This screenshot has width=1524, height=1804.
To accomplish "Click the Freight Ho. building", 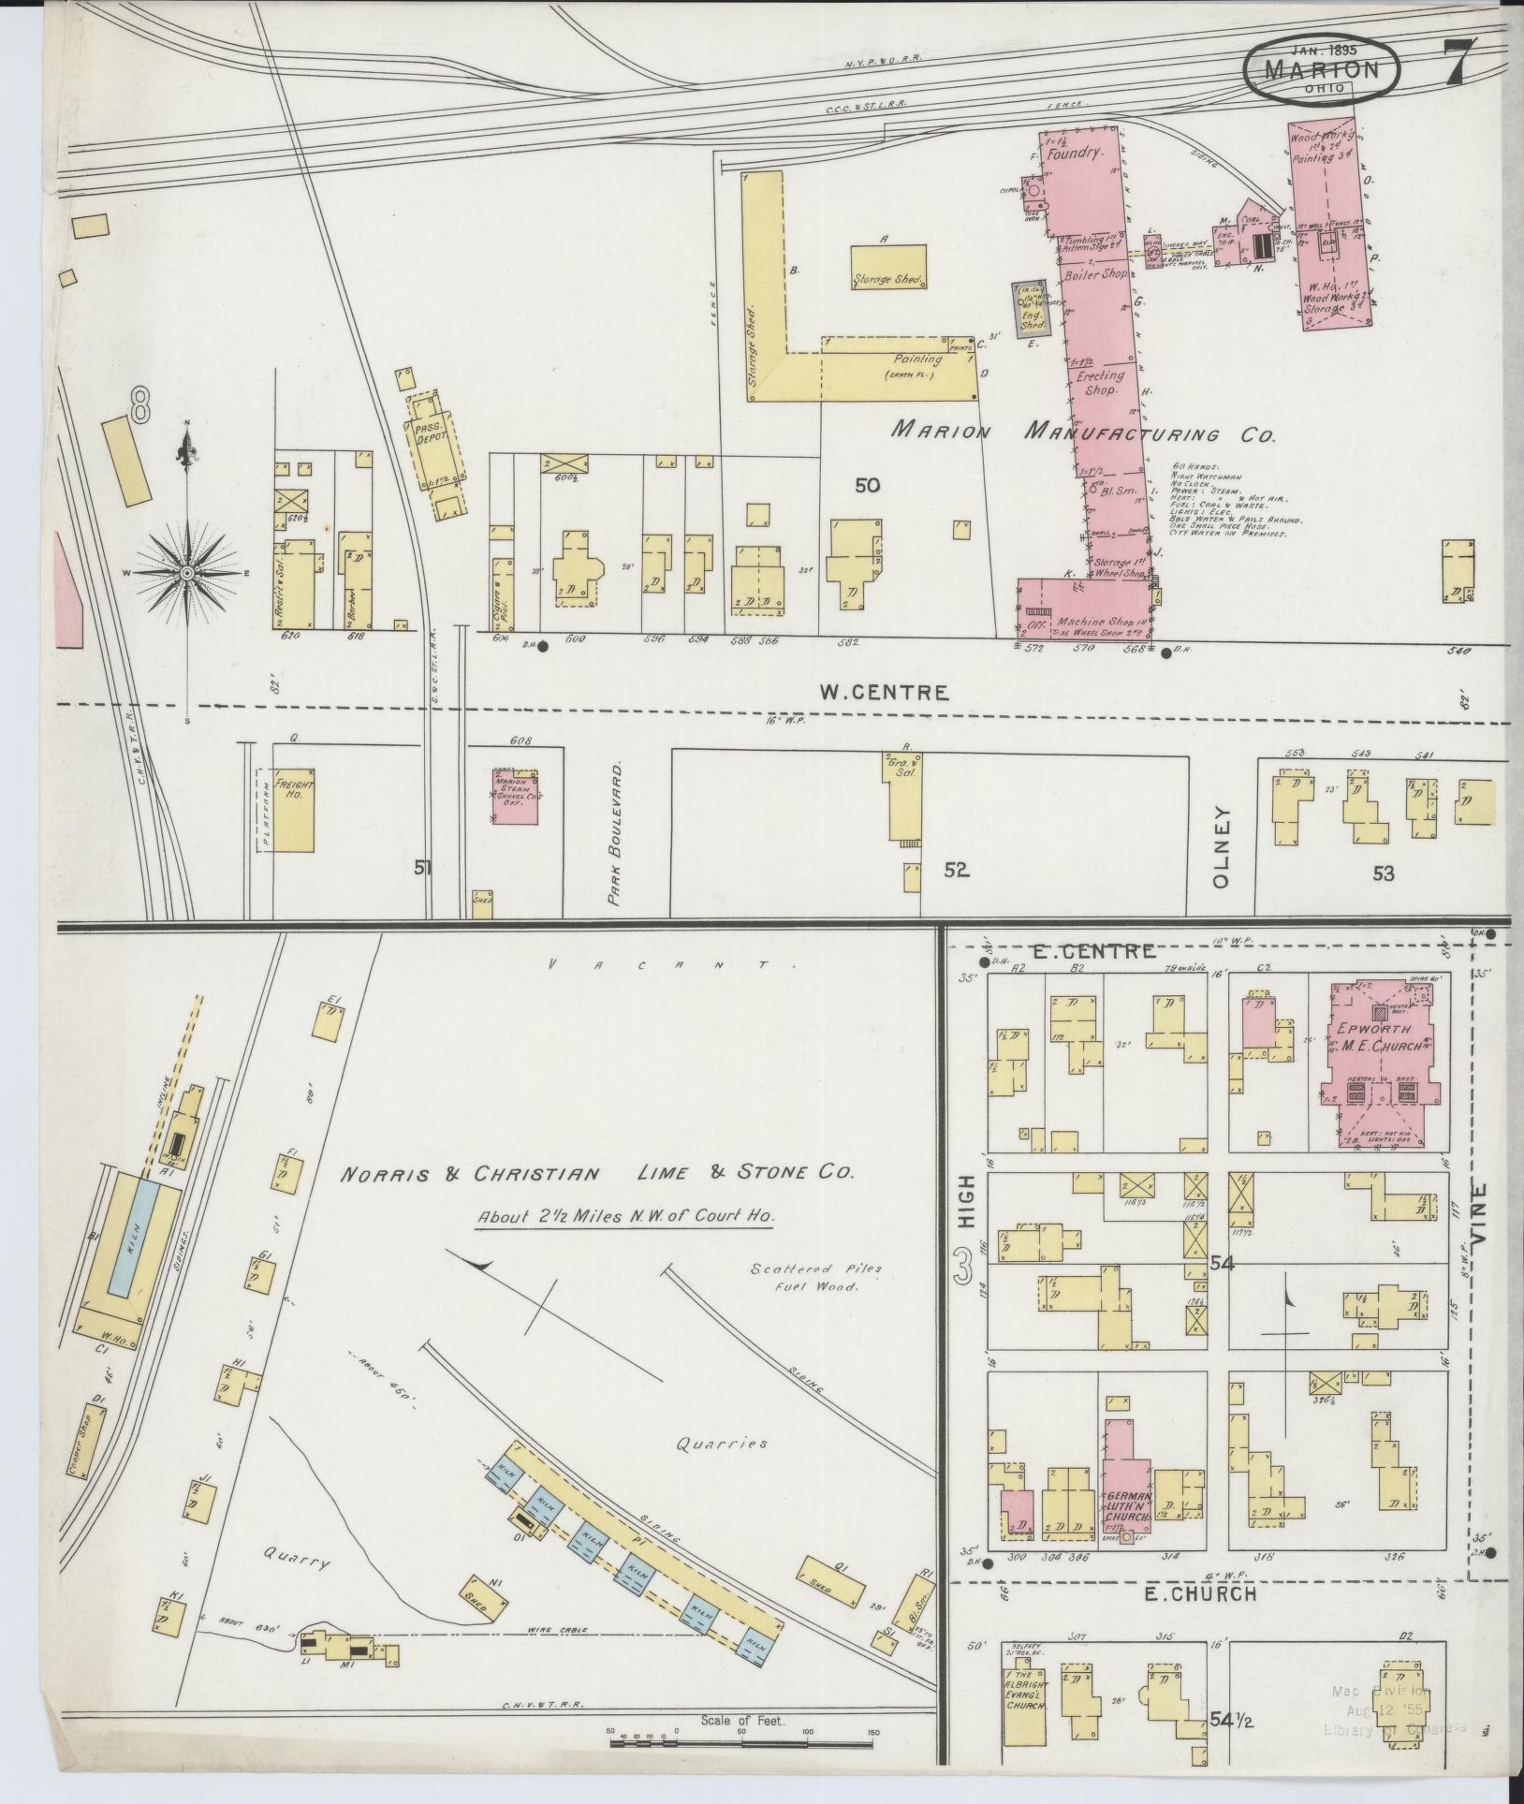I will click(293, 798).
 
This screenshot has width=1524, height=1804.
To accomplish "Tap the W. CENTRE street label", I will click(885, 693).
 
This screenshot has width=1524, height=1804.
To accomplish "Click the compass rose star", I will click(187, 572).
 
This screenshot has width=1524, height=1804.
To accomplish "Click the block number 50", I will click(867, 485).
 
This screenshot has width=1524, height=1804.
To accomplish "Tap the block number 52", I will click(956, 871).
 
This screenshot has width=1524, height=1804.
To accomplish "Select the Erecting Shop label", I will click(1101, 383).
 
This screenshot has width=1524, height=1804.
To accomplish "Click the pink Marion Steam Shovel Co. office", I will click(516, 798).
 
